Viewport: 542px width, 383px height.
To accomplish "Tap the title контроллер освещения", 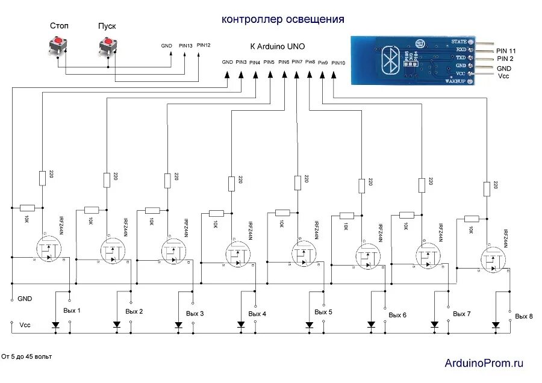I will pos(283,19).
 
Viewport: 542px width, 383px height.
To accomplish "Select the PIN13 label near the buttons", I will pos(186,46).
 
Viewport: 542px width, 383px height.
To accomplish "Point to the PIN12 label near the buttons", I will pos(204,46).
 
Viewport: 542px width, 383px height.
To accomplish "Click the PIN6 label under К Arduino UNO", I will pos(284,62).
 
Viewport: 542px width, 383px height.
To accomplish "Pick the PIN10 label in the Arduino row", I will pos(338,63).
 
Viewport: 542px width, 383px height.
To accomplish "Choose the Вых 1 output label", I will pos(72,311).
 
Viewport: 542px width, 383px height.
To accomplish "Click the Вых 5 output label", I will pos(323,312).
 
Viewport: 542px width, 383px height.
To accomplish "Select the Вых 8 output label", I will pos(524,316).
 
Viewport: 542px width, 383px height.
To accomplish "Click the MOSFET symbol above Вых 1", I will pos(49,249).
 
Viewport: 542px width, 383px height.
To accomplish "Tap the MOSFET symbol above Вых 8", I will pos(494,260).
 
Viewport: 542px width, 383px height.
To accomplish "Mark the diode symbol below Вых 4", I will pos(241,325).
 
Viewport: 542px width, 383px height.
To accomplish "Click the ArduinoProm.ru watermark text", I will pos(484,363).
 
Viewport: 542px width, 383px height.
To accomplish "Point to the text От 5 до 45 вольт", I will pos(26,357).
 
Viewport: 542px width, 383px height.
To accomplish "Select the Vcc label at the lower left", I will pos(25,325).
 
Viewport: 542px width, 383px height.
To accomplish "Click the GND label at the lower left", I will pos(25,299).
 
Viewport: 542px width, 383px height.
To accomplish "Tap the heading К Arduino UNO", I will pos(277,46).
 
